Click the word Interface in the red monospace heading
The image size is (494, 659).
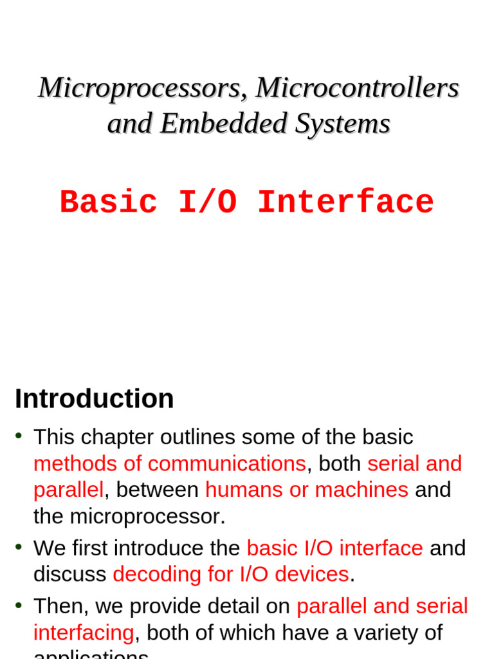pos(345,202)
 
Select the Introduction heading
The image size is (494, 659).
pos(94,398)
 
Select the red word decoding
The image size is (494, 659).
pos(156,574)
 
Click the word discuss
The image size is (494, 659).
pos(69,574)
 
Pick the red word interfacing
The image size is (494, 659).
pos(84,633)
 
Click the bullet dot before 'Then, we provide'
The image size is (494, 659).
pos(20,605)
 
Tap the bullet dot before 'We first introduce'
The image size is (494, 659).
pos(20,547)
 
